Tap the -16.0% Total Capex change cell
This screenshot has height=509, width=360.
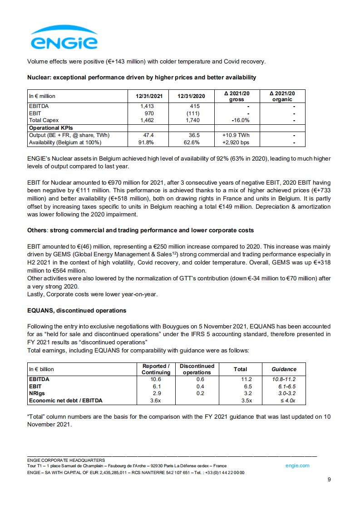[237, 120]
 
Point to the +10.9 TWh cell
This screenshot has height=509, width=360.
[236, 135]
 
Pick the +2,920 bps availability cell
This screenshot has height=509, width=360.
[236, 142]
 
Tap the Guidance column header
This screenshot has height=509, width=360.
[284, 369]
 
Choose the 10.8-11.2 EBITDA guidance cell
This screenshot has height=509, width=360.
[284, 379]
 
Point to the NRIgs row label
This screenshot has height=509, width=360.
[37, 393]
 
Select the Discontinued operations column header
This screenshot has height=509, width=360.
[197, 369]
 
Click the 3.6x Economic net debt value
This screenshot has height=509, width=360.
[156, 401]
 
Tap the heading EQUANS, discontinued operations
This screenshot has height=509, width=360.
[76, 311]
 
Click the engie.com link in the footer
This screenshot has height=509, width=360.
[297, 465]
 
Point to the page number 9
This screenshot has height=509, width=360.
[329, 480]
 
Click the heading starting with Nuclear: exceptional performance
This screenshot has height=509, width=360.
[142, 78]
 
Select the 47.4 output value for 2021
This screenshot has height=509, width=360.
[148, 135]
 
